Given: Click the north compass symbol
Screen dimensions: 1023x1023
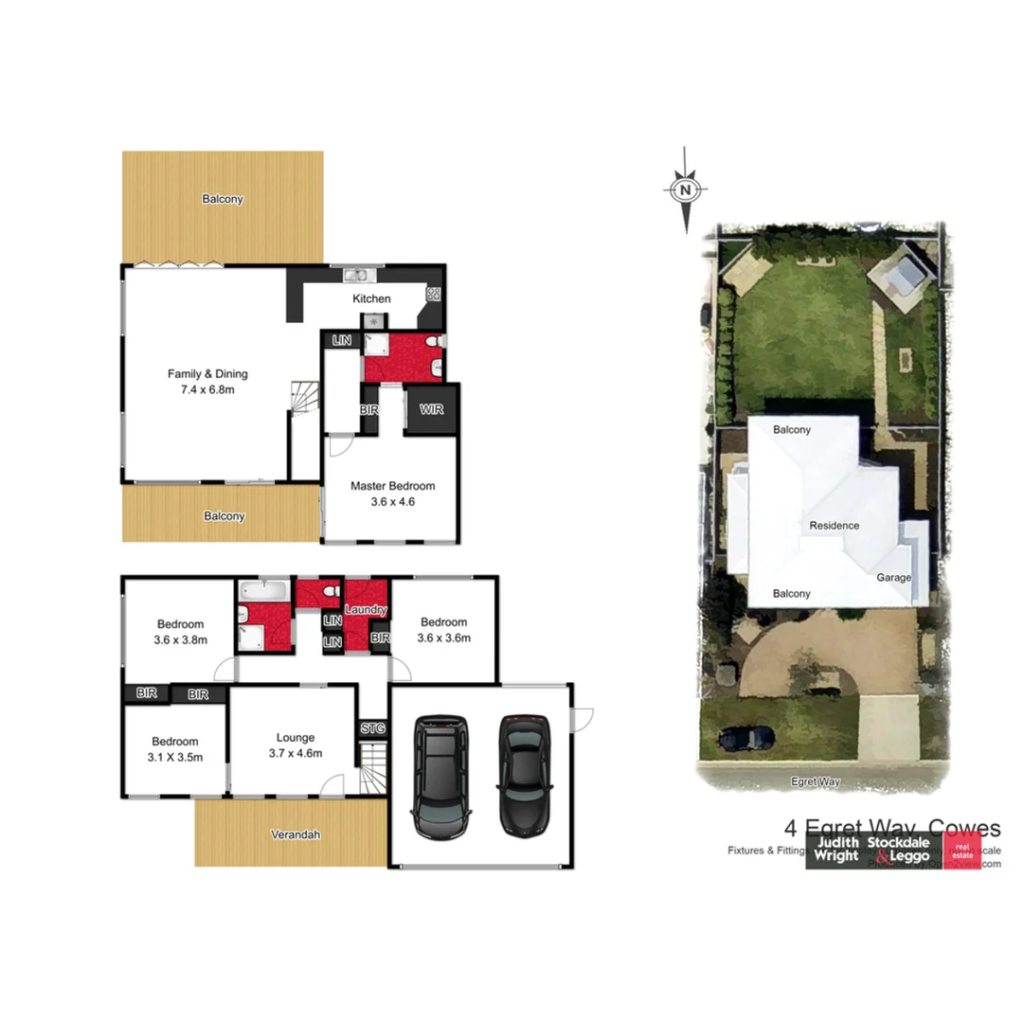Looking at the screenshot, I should coord(685,189).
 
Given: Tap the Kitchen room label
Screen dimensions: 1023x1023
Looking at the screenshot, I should coord(371,299).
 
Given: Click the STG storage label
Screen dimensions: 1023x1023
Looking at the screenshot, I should coord(372,728).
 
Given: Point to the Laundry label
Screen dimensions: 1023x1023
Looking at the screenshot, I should coord(365,610).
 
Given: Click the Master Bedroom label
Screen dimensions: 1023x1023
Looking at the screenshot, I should coord(392,486).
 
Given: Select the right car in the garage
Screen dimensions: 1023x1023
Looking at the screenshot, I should coord(525,775).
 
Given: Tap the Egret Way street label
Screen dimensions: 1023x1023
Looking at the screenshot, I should coord(816,781).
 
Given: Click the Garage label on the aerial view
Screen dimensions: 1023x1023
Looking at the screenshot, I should coord(893,577).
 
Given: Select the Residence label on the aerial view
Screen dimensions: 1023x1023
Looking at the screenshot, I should coord(834,526).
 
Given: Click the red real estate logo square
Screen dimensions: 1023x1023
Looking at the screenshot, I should coord(961,851).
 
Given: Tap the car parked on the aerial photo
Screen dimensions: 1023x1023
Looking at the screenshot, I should coord(746,736).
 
